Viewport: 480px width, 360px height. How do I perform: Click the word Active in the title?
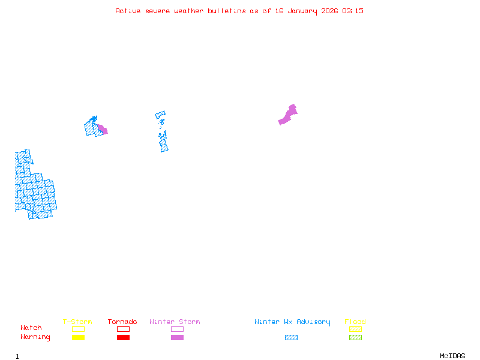click(128, 11)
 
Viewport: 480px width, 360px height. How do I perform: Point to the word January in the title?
click(300, 11)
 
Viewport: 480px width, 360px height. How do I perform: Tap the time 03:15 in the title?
click(353, 11)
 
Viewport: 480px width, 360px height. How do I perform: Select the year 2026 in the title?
click(329, 11)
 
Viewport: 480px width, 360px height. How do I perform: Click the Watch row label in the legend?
click(31, 328)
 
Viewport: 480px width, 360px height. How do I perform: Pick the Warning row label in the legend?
click(35, 337)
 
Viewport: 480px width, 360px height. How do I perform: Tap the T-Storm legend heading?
click(77, 322)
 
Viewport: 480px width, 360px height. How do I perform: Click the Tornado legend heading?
click(122, 322)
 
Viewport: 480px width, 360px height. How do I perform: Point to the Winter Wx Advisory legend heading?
click(292, 322)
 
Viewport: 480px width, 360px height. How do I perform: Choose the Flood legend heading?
click(355, 322)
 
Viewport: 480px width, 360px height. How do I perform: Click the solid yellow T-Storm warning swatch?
click(78, 337)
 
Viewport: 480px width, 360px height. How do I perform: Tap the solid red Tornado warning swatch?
click(123, 337)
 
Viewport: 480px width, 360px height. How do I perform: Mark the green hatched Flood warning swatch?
click(355, 337)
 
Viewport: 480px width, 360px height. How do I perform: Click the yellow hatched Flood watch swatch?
click(355, 329)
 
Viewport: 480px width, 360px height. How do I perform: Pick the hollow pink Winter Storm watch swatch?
click(177, 329)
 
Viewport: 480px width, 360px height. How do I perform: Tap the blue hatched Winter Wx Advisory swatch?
click(291, 337)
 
